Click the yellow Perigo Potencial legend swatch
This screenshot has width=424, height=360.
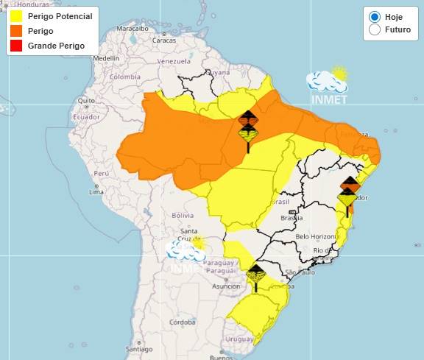16,16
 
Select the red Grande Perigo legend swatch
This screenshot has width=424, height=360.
16,46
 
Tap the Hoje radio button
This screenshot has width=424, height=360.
375,16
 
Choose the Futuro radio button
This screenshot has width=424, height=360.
375,30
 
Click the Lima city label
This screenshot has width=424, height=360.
96,191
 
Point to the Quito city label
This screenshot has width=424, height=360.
87,100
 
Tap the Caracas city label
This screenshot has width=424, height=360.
164,40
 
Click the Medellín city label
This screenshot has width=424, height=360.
106,57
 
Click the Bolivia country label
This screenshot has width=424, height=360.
182,215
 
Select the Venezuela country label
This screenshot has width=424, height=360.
174,61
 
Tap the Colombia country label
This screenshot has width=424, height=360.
124,77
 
